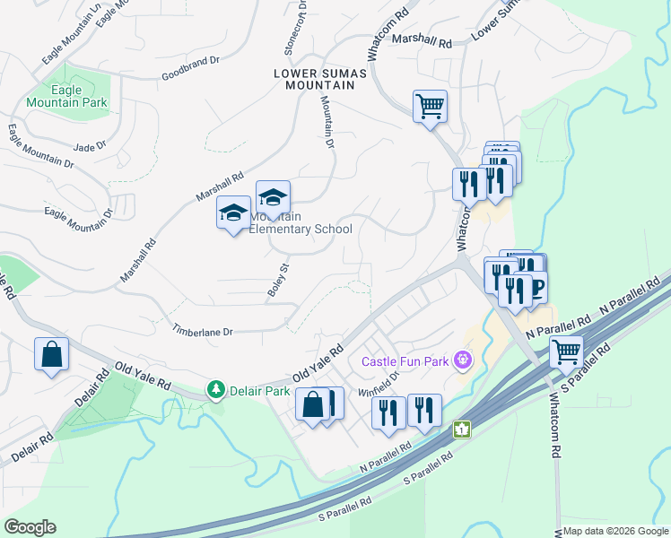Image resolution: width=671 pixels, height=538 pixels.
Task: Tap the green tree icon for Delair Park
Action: coord(215,390)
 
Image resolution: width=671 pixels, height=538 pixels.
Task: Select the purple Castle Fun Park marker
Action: coord(463,361)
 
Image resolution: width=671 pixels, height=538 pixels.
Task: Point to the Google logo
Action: coord(30,527)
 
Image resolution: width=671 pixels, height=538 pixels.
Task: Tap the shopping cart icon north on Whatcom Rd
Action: coord(431,106)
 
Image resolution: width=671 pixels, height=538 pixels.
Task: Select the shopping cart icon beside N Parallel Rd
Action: coord(567,351)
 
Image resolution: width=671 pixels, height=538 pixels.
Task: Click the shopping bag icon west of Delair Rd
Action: coord(52,353)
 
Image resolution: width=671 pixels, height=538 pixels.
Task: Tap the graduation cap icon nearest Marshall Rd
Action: coord(234,213)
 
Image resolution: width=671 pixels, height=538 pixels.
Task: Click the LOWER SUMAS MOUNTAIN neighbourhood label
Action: coord(315,78)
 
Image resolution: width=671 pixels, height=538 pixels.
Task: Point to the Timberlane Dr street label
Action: coord(203,331)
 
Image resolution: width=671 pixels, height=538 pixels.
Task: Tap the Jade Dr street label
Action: coord(90,146)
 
